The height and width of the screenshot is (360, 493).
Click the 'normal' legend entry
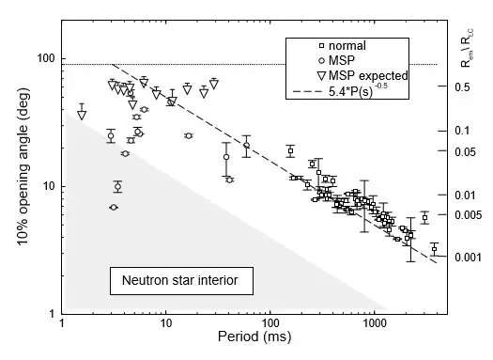[x=342, y=45]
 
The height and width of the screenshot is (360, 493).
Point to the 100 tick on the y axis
[x=45, y=59]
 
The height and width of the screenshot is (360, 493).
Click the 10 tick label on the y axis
[x=48, y=186]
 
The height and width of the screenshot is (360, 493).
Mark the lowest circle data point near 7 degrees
[x=114, y=207]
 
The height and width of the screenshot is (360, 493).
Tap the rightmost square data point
[x=434, y=249]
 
